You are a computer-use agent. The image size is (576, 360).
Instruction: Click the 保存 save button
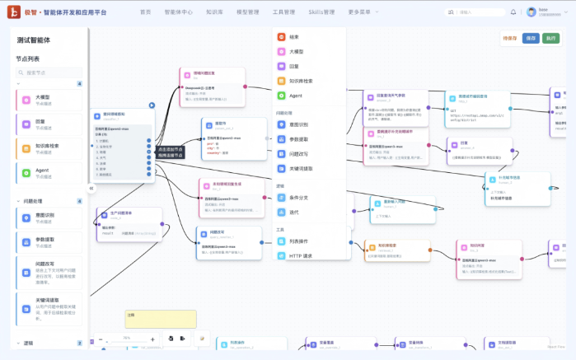pos(530,38)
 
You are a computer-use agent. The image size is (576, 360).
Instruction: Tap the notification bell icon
pos(513,12)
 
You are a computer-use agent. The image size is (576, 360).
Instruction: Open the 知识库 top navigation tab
pos(214,12)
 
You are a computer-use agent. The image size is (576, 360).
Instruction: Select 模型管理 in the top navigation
pos(247,12)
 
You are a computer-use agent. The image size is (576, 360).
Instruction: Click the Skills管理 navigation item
pos(322,12)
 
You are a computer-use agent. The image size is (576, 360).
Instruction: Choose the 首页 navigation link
pos(146,12)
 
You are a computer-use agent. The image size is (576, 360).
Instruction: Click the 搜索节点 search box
pos(49,72)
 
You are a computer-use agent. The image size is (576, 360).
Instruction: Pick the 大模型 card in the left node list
pos(49,100)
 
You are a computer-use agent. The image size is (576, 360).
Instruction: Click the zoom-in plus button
pos(152,339)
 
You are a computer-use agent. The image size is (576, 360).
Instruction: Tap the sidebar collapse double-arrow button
pos(91,189)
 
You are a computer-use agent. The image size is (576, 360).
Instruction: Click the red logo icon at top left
pos(12,12)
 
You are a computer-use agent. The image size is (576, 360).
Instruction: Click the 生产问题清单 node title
pos(121,213)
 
